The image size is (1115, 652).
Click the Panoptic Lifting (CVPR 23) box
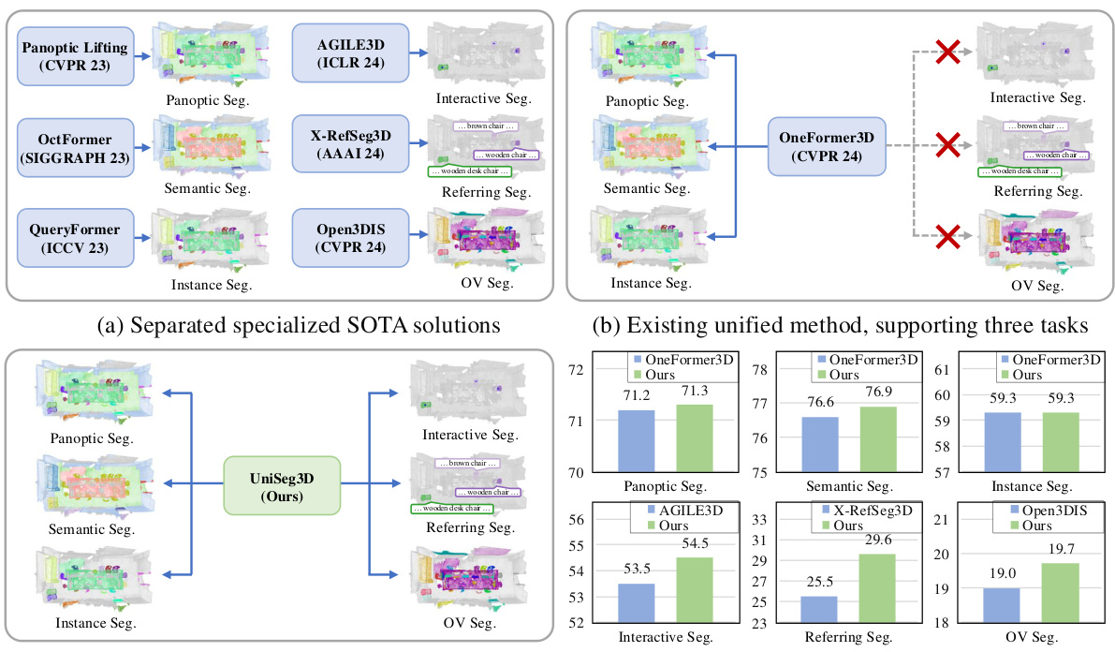pyautogui.click(x=71, y=55)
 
